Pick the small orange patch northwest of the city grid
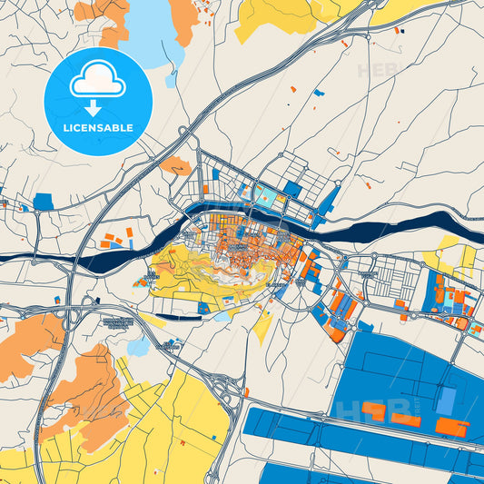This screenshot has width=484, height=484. coord(174,165)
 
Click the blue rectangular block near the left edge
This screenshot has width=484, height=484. coord(43,202)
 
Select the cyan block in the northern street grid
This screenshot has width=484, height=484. coord(263,193)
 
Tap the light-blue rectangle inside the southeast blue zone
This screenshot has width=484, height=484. coord(446,400)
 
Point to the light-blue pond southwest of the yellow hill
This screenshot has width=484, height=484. coord(138,347)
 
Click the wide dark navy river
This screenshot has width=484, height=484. coord(400,226)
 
